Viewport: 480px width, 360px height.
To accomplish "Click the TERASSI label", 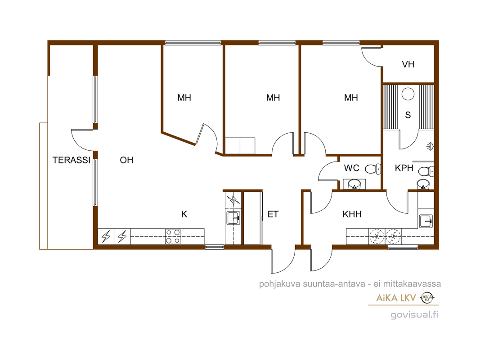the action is click(72, 160).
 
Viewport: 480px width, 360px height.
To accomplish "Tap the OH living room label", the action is click(126, 160).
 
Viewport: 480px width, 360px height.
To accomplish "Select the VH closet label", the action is click(408, 64).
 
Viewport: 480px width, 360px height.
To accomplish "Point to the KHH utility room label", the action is click(352, 214).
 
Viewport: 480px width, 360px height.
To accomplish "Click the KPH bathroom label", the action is click(404, 168).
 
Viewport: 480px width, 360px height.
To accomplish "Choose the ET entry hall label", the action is click(273, 214).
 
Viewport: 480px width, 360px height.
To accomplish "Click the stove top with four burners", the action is click(173, 237).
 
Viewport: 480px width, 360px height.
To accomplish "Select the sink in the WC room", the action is click(354, 184).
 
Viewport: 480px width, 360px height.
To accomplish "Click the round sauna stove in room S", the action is click(408, 94).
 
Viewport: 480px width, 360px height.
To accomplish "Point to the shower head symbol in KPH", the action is click(430, 146).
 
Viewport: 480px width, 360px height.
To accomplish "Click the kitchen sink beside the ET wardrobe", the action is click(233, 218).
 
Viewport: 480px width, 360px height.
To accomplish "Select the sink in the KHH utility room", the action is click(426, 221).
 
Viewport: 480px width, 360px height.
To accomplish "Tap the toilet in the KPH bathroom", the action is click(426, 171).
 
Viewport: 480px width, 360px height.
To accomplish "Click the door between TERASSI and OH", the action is click(82, 140).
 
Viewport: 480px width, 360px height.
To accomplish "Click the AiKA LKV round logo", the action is click(427, 297).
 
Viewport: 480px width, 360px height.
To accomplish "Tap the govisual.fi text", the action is click(414, 315).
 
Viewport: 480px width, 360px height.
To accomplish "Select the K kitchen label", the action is click(184, 214).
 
